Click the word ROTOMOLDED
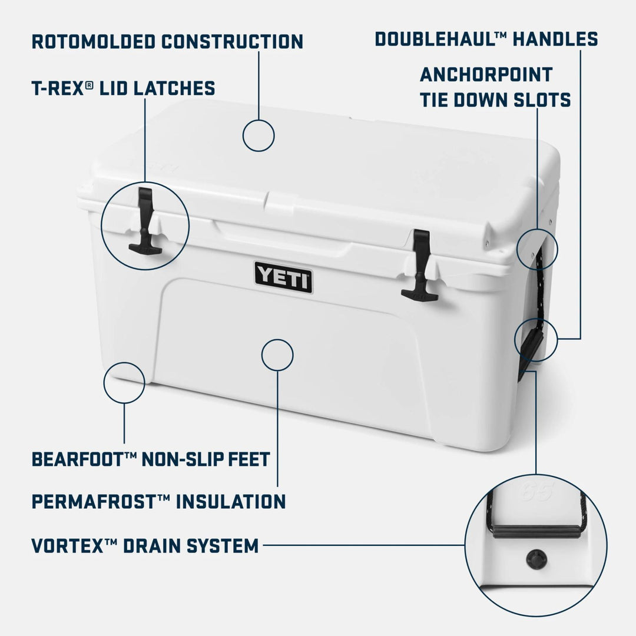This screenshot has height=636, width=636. pyautogui.click(x=92, y=42)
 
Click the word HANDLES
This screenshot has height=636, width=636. pyautogui.click(x=555, y=39)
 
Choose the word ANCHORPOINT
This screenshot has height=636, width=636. pyautogui.click(x=486, y=75)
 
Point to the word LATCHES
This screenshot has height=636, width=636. pyautogui.click(x=174, y=88)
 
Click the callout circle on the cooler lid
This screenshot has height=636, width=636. pyautogui.click(x=259, y=135)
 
